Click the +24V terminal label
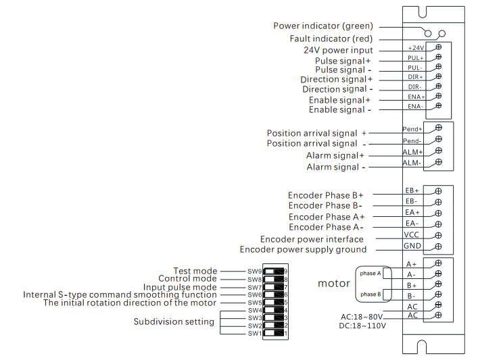tap(416, 48)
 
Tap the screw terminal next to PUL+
tap(438, 57)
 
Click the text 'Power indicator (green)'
tap(322, 26)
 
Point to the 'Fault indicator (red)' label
tap(331, 39)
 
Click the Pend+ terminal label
tap(412, 128)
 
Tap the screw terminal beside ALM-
tap(438, 162)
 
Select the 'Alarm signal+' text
tap(335, 156)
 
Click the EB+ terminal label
tap(412, 191)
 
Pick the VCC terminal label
tap(412, 234)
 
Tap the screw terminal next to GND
tap(438, 246)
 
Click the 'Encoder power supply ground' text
tap(303, 250)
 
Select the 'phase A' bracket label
tap(371, 274)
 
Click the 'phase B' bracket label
tap(371, 294)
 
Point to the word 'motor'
tap(334, 284)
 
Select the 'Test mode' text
tap(195, 272)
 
